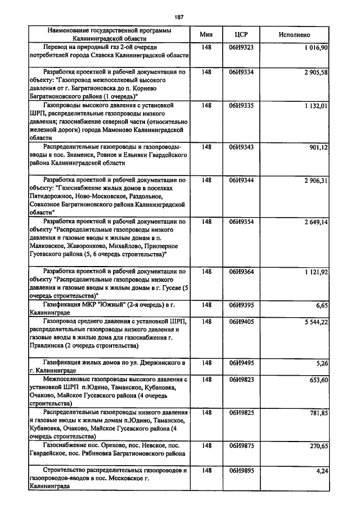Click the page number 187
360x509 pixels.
(x=179, y=15)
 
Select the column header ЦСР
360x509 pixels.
(x=241, y=34)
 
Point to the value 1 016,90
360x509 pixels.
(x=316, y=48)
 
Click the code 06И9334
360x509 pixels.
(x=241, y=73)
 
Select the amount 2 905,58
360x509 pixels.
(x=316, y=73)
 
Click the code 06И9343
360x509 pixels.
(x=241, y=147)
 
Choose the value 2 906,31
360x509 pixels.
(x=316, y=181)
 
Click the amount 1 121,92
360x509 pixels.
(x=316, y=272)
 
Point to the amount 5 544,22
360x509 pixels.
(x=316, y=321)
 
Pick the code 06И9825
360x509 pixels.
(x=241, y=413)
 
